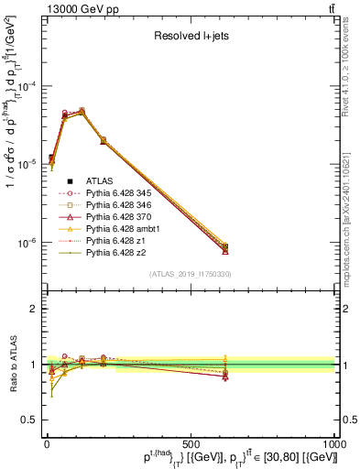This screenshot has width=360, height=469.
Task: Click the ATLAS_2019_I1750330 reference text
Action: (x=190, y=274)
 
